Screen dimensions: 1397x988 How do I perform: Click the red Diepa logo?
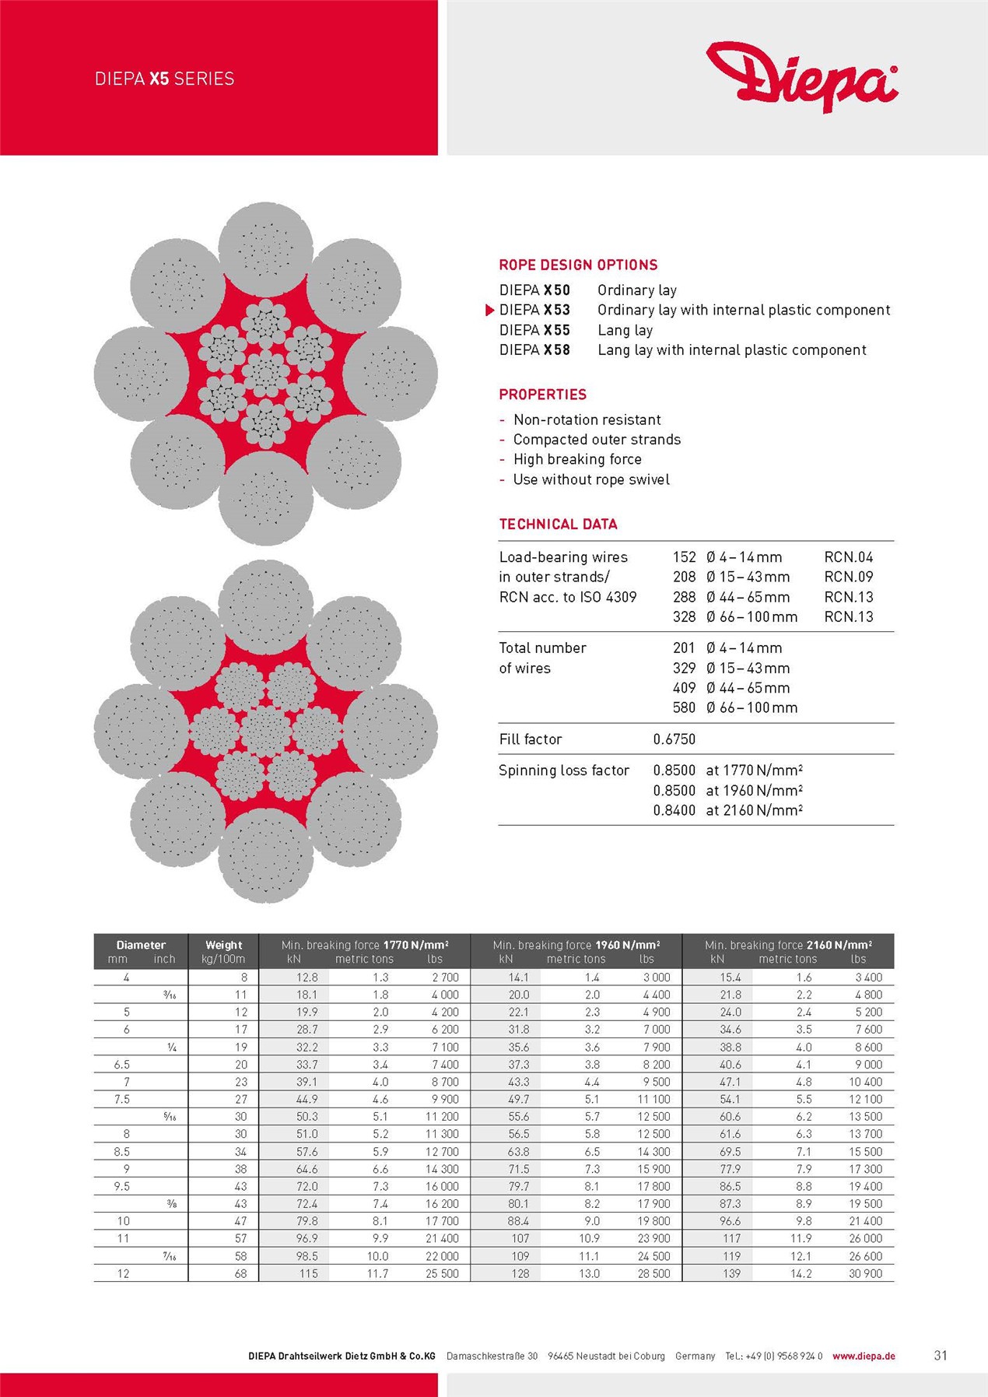pos(801,75)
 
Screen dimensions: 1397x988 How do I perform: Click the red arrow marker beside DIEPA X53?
pos(489,311)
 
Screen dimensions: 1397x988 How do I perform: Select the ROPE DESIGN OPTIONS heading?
pos(578,265)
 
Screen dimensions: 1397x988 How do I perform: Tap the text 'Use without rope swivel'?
pos(590,479)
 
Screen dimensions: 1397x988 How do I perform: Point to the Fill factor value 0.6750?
pos(674,739)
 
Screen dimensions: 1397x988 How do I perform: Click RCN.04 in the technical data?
pos(848,557)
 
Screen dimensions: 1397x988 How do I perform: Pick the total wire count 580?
pos(684,707)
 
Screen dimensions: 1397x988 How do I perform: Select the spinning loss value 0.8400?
pos(674,810)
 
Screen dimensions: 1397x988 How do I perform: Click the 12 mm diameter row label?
pos(123,1273)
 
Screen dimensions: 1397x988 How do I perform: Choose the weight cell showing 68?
pos(240,1273)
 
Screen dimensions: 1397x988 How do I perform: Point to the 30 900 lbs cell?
pos(865,1273)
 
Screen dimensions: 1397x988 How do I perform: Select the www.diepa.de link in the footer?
pos(864,1356)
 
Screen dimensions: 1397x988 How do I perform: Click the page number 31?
pos(940,1355)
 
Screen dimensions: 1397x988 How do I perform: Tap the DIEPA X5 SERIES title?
pos(164,79)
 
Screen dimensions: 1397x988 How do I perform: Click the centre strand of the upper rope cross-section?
pos(265,374)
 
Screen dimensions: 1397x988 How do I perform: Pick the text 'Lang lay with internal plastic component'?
pos(731,350)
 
